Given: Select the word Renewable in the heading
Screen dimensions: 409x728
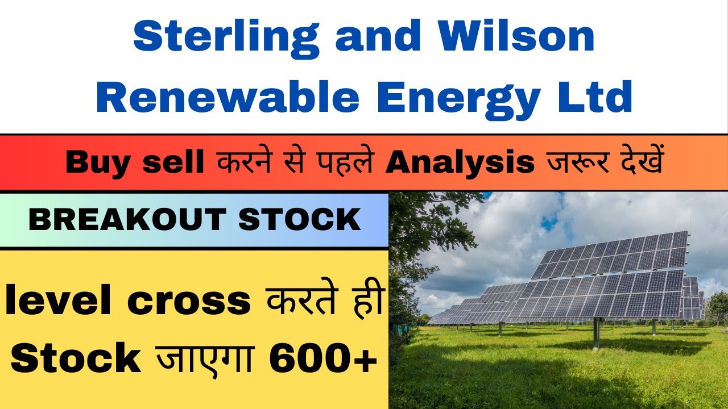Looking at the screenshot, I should tap(227, 97).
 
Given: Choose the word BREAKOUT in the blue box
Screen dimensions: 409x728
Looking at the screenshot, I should tap(129, 220).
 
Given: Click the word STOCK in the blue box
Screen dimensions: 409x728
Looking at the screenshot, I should tap(299, 220).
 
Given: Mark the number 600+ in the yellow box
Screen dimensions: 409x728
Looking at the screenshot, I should tap(324, 358).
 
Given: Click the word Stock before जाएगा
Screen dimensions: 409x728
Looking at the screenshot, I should tap(76, 358).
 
